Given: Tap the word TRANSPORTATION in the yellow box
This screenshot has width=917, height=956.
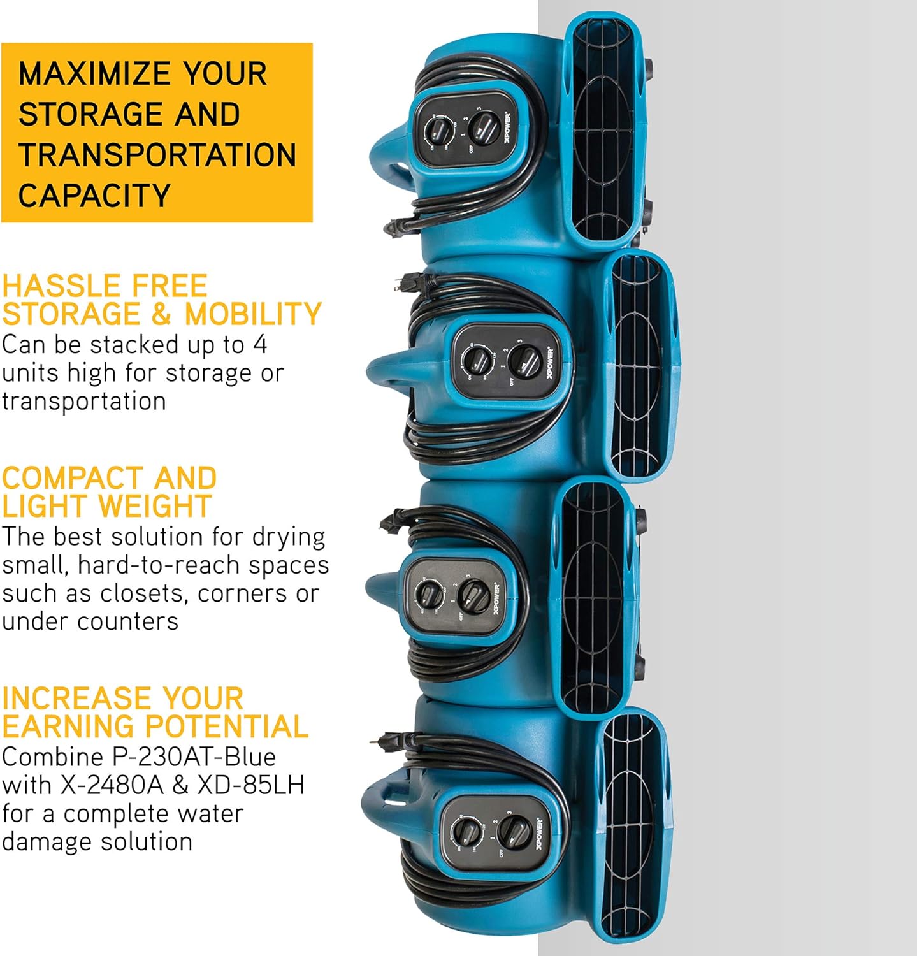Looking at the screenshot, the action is (x=157, y=155).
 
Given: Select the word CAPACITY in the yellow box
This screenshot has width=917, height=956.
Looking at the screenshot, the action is (x=94, y=195).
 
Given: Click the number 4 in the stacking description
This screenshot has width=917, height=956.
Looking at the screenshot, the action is (x=260, y=345).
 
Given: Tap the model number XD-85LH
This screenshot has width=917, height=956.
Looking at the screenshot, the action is (x=252, y=785).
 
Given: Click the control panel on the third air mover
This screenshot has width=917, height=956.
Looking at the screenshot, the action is (x=454, y=595).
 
